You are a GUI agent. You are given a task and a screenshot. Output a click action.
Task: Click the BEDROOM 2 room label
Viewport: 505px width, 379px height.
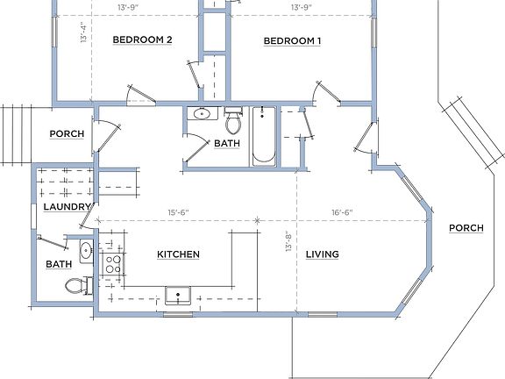click(x=141, y=40)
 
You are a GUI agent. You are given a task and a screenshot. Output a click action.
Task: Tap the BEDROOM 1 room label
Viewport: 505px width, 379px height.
click(x=292, y=40)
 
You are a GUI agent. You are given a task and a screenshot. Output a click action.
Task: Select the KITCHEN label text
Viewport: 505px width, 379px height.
click(x=178, y=254)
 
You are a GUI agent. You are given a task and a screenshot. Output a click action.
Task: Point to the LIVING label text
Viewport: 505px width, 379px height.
click(x=322, y=254)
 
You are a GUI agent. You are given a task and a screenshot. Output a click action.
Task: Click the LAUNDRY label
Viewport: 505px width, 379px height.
click(x=65, y=207)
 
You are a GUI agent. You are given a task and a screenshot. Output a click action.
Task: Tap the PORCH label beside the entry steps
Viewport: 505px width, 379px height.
click(x=66, y=134)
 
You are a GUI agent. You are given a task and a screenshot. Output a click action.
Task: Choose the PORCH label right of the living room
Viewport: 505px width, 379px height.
click(x=466, y=228)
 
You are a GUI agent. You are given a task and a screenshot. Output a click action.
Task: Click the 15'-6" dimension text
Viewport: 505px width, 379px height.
click(x=179, y=211)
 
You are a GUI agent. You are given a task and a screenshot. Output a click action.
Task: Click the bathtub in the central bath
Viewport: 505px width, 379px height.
click(x=263, y=136)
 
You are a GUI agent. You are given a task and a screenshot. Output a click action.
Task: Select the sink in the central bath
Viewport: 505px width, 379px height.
click(x=203, y=114)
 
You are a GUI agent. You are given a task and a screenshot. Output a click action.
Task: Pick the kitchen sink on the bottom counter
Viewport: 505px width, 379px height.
click(x=180, y=295)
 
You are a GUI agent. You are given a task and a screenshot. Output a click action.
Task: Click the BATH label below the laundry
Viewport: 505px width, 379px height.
click(x=59, y=264)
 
